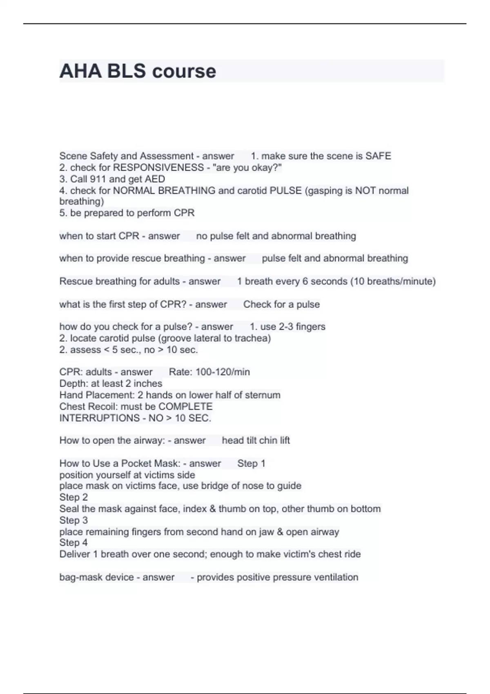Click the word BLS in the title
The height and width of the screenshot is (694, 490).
[x=126, y=71]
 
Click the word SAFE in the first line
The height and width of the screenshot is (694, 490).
[x=378, y=156]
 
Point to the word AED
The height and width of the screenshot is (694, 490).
[x=155, y=179]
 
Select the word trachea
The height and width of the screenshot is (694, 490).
[x=252, y=338]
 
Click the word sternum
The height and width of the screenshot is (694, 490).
[x=263, y=395]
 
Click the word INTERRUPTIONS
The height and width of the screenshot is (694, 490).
[x=100, y=418]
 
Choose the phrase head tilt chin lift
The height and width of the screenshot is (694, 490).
[x=256, y=440]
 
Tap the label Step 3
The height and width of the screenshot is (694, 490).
[x=73, y=520]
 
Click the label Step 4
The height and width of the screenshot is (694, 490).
[x=73, y=543]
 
